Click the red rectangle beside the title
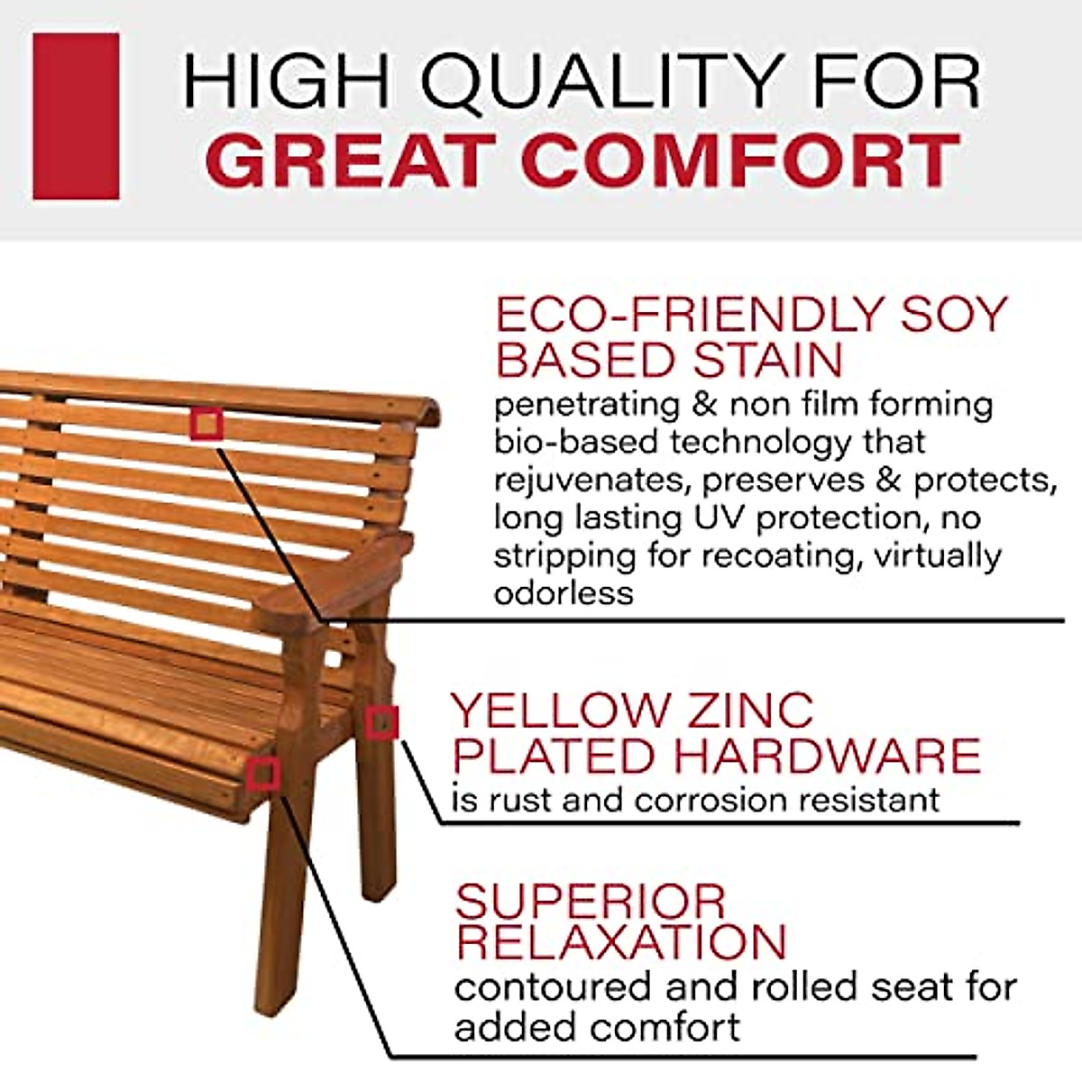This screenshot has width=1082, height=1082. tap(76, 116)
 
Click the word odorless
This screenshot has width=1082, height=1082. tap(564, 593)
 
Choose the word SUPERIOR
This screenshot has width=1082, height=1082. tap(590, 902)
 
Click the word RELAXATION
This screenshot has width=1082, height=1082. tap(621, 942)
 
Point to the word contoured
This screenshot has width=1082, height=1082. tap(552, 987)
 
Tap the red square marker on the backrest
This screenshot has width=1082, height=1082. tap(206, 423)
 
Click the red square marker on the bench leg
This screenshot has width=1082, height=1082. tap(381, 722)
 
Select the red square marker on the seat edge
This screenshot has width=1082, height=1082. tap(263, 774)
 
